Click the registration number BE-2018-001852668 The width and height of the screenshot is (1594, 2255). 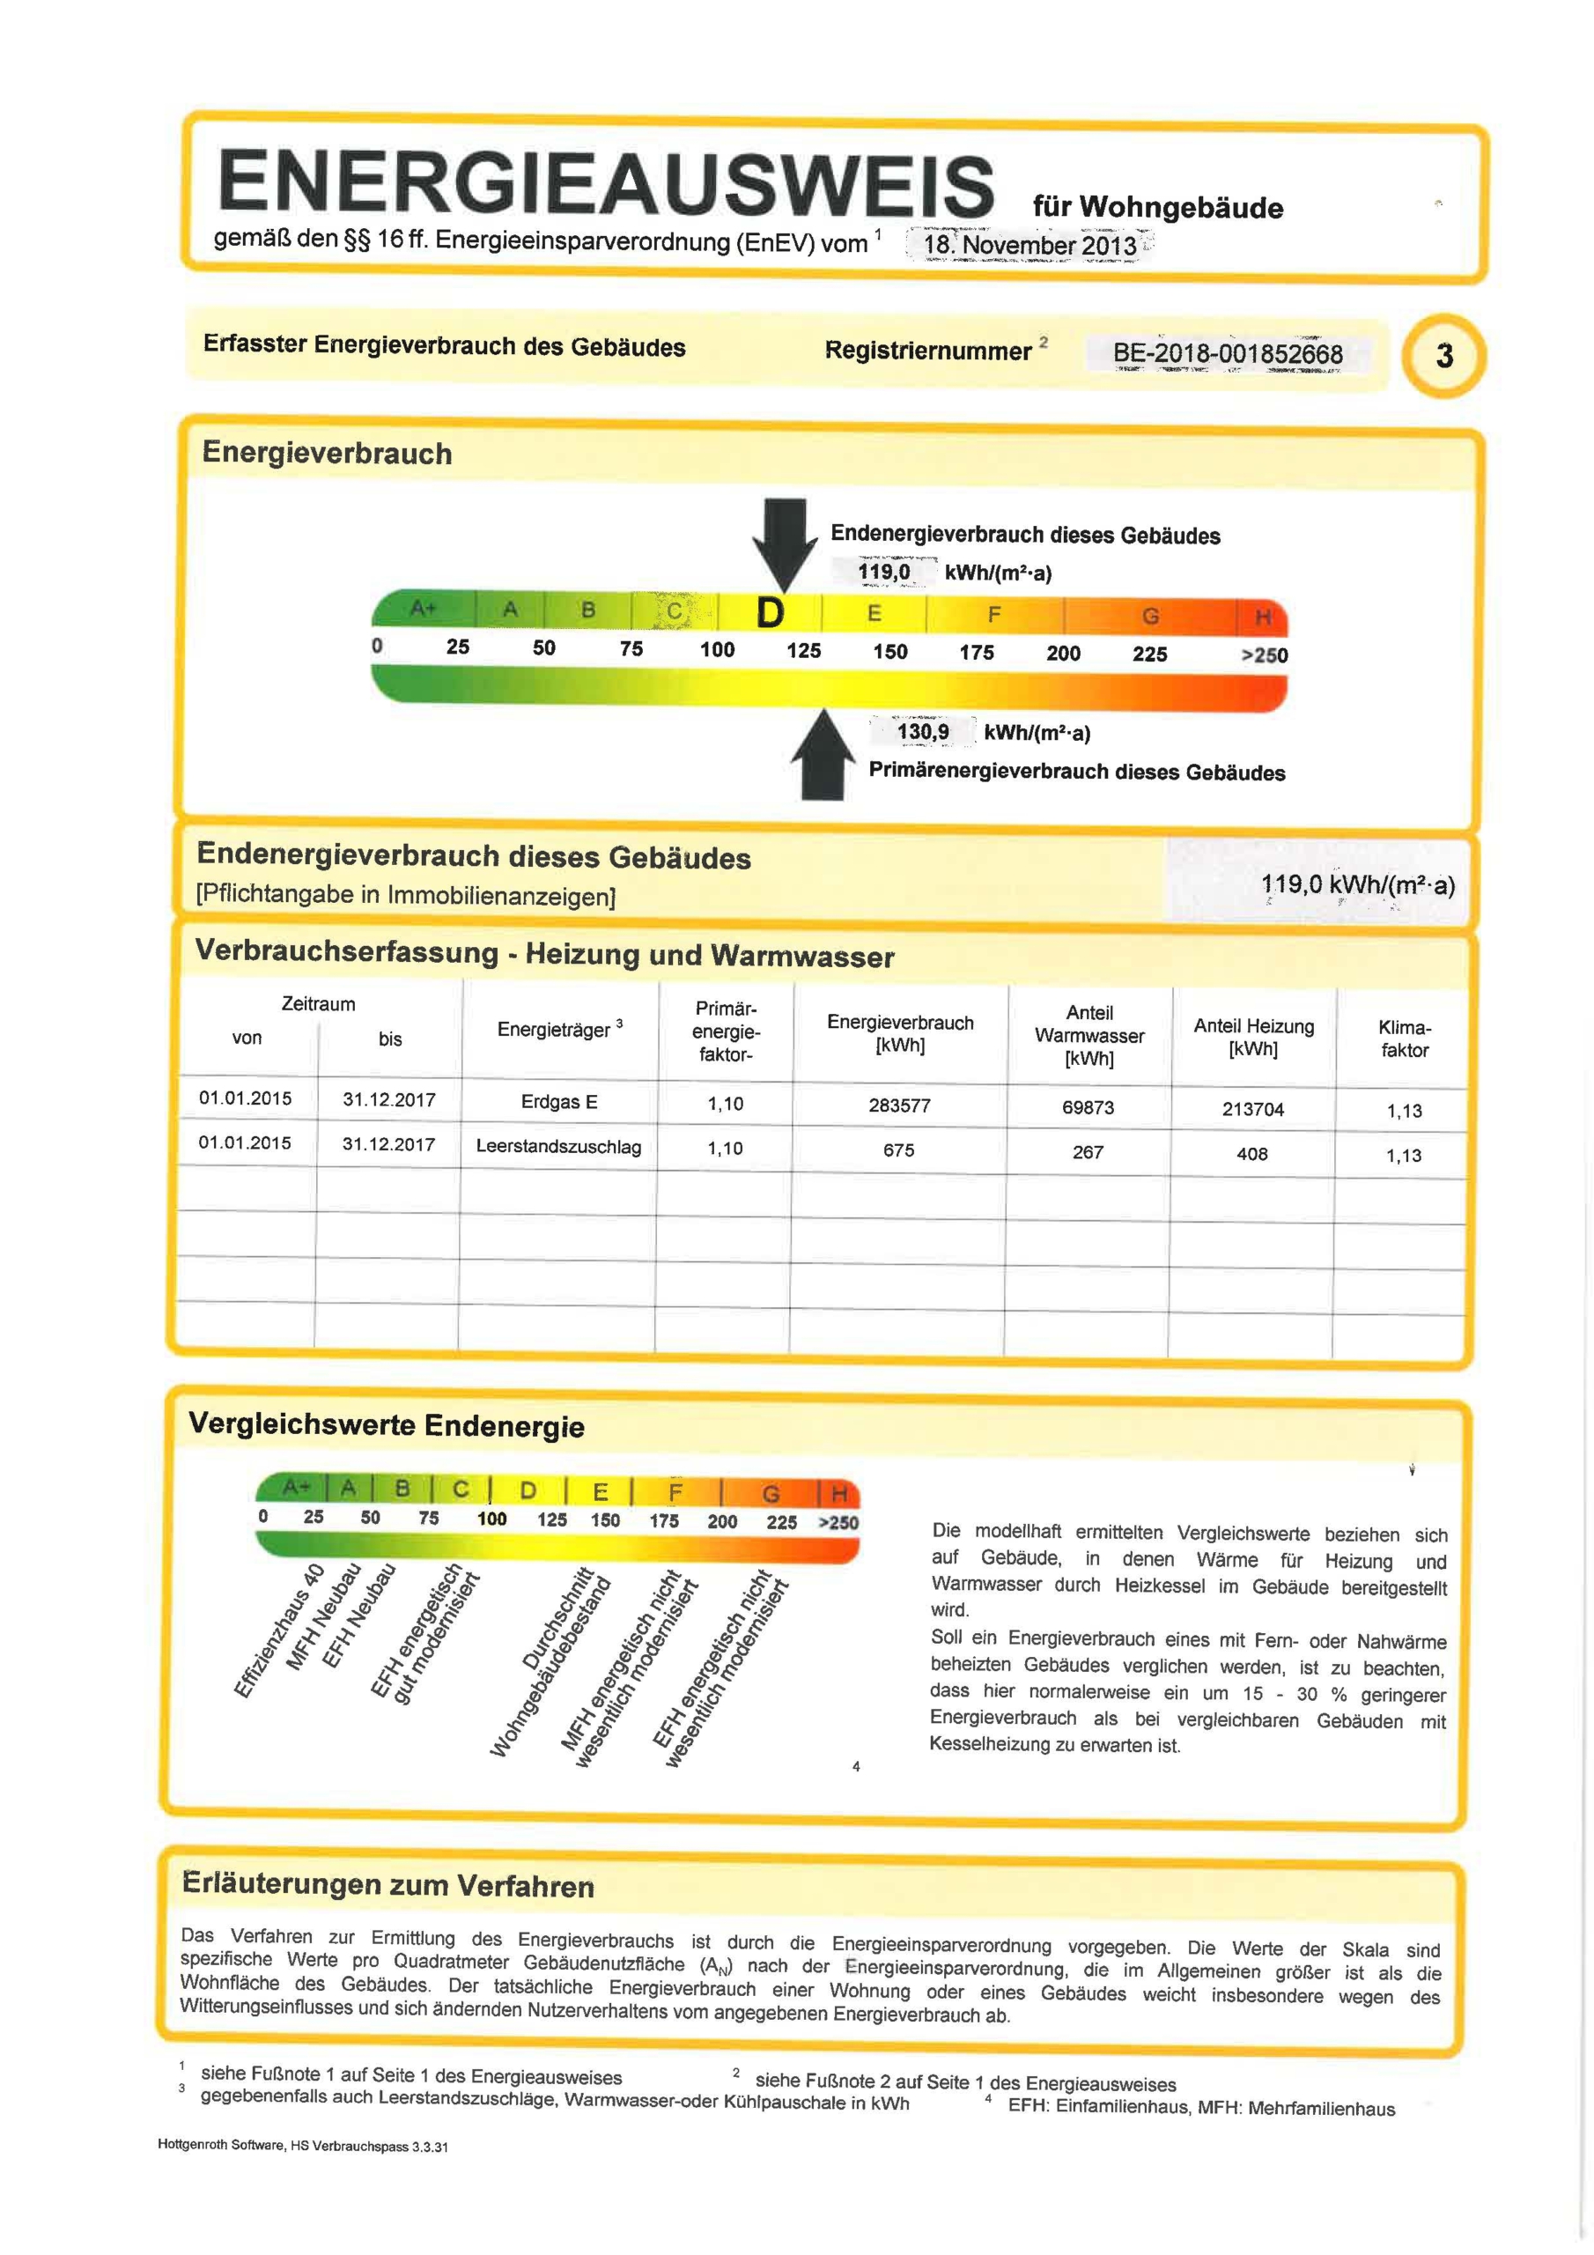tap(1227, 352)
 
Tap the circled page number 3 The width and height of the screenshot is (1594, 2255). tap(1443, 356)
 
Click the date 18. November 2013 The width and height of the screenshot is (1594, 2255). tap(1029, 245)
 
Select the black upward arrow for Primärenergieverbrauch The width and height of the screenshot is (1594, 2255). tap(823, 757)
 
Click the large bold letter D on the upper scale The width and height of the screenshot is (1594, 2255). tap(770, 613)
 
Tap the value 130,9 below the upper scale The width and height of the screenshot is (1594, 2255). tap(922, 732)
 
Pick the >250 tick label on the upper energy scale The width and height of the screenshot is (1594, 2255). tap(1264, 655)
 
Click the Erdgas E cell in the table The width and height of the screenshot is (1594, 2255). tap(559, 1102)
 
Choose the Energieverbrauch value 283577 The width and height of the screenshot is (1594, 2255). tap(898, 1105)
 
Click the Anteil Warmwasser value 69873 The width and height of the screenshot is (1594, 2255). tap(1088, 1107)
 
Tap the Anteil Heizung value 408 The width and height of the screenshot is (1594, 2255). tap(1251, 1154)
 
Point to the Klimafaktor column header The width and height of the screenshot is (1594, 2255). tap(1404, 1039)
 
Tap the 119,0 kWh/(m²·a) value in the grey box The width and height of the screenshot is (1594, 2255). tap(1357, 885)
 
